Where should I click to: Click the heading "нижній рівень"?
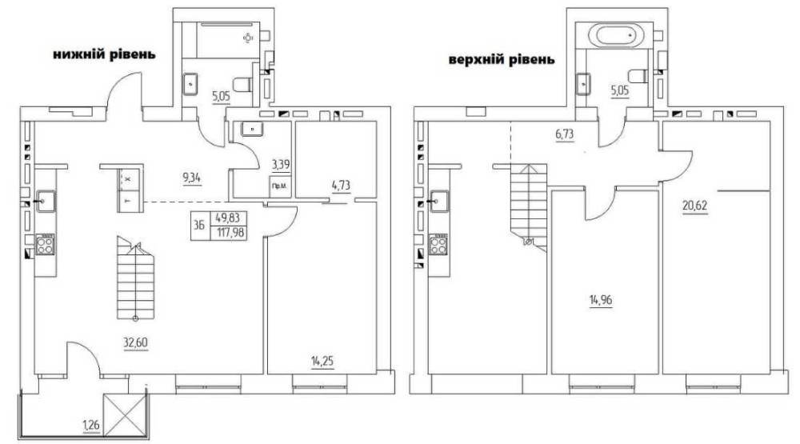coord(105,54)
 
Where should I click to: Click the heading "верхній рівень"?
coord(502,60)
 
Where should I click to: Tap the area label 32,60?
coord(135,342)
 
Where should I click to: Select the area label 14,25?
coord(322,362)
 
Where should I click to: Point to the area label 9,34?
coord(191,178)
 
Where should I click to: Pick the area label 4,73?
coord(341,185)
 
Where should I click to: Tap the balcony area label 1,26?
coord(92,424)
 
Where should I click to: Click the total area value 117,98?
coord(230,233)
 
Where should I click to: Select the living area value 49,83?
coord(227,218)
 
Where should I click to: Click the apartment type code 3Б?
coord(199,225)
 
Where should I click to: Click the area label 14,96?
coord(601,299)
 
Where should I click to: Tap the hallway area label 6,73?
coord(565,134)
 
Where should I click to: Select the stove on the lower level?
coord(44,244)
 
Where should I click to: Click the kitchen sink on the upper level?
coord(439,200)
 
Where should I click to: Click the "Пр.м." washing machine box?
coord(279,186)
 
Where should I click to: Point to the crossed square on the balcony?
coord(126,415)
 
